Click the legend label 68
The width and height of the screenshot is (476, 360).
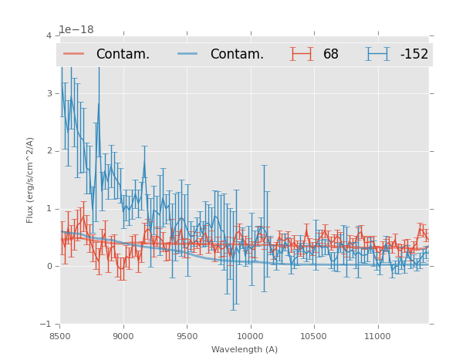(331, 55)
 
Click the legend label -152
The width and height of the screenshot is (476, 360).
(414, 55)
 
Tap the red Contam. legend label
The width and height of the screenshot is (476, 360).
(123, 55)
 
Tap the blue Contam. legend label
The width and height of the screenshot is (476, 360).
(237, 55)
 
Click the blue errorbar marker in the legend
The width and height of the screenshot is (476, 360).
(378, 54)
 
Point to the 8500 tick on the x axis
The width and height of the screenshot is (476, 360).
(60, 336)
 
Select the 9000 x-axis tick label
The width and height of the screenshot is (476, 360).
(123, 336)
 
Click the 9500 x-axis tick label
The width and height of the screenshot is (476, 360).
(187, 336)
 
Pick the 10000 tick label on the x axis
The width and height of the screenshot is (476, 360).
(251, 336)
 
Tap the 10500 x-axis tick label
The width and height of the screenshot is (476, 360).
(314, 336)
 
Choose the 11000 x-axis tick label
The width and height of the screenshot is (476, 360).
(377, 336)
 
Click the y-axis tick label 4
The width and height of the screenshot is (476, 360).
(49, 36)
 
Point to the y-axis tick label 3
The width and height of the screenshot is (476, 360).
(49, 94)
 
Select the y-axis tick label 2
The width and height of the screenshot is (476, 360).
(49, 151)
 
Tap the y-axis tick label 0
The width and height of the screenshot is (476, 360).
(49, 267)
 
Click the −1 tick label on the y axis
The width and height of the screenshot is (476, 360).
(46, 324)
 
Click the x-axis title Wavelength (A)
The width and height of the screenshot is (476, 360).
(245, 350)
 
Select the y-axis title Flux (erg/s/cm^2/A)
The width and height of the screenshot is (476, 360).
(31, 180)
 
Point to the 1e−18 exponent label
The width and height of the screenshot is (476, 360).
(76, 30)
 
